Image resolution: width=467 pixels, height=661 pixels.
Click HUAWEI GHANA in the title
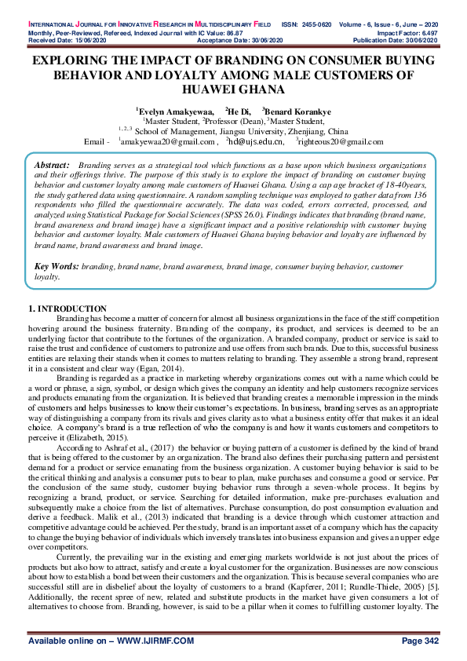[x=233, y=90]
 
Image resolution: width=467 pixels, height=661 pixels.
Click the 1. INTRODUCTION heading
[x=67, y=309]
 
